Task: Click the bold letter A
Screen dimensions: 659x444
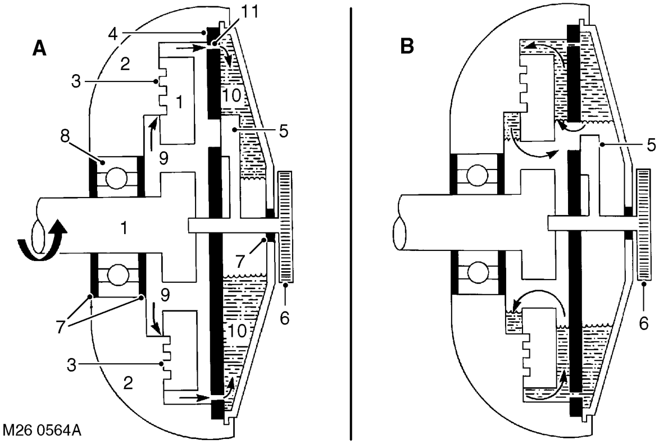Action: (39, 49)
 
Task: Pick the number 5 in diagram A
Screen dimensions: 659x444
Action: (284, 131)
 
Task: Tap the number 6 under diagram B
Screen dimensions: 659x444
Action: (643, 324)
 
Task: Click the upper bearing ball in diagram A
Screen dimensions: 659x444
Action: (116, 178)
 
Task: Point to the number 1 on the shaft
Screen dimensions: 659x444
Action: (124, 227)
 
